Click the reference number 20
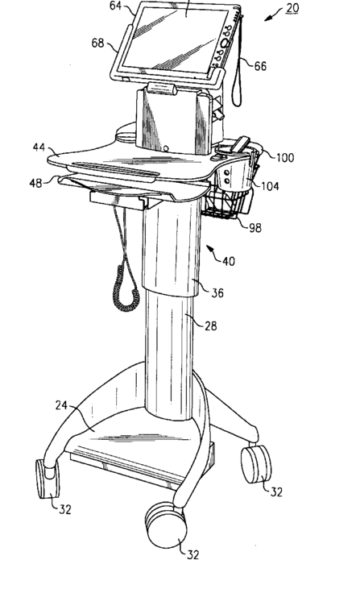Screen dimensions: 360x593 pyautogui.click(x=292, y=7)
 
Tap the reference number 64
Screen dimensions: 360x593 pyautogui.click(x=116, y=6)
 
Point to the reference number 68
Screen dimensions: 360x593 pyautogui.click(x=98, y=43)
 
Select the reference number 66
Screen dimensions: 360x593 pyautogui.click(x=260, y=66)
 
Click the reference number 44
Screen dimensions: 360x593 pyautogui.click(x=39, y=147)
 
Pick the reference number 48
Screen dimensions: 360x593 pyautogui.click(x=36, y=183)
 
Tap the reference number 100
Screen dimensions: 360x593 pyautogui.click(x=285, y=157)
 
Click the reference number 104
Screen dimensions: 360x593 pyautogui.click(x=270, y=186)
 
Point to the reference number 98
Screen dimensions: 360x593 pyautogui.click(x=254, y=228)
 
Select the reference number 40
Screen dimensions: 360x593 pyautogui.click(x=228, y=261)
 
